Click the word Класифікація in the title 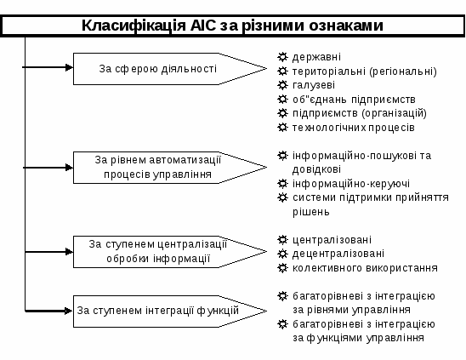pos(134,26)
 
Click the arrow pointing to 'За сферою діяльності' pos(48,67)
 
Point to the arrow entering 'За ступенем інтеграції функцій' pos(49,311)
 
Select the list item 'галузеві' pos(314,85)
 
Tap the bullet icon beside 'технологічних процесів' pos(282,128)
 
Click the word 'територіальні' pos(329,71)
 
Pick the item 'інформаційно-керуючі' pos(351,184)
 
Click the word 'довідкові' pos(316,169)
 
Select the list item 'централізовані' pos(332,240)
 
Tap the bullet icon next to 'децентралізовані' pos(282,254)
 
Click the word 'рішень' pos(311,212)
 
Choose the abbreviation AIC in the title pos(203,26)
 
